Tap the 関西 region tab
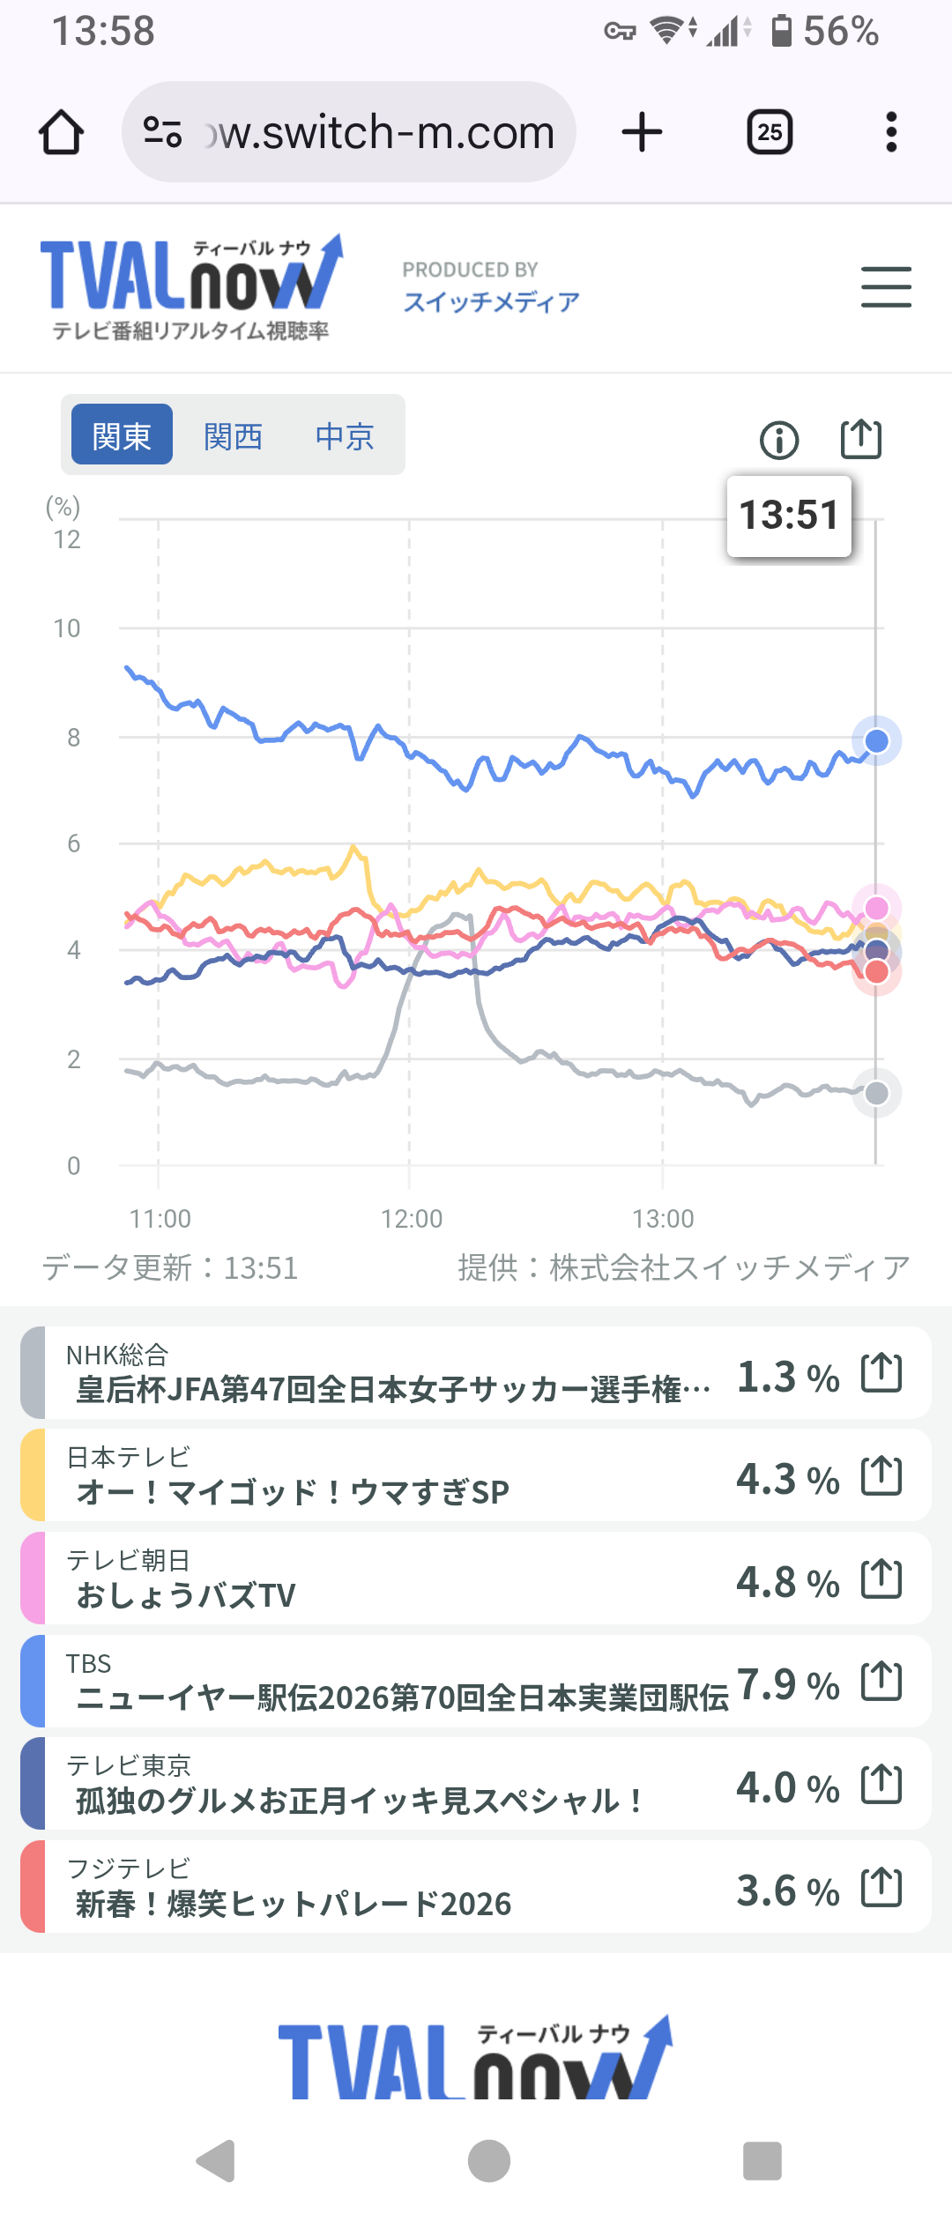(233, 436)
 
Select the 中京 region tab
(345, 436)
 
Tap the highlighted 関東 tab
(122, 435)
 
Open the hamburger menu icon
(886, 287)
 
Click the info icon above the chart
(779, 440)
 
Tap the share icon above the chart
(860, 438)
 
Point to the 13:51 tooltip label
(789, 516)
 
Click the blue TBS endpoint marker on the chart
(876, 741)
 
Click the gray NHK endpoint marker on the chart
(876, 1094)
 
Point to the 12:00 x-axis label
(411, 1219)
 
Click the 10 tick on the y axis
(67, 628)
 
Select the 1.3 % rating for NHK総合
(787, 1377)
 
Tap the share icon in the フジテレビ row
(881, 1888)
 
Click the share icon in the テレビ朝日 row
(881, 1579)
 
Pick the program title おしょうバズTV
(186, 1595)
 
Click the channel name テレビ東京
(129, 1765)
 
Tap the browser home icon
(62, 133)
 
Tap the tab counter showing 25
(770, 133)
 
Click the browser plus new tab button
(642, 133)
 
